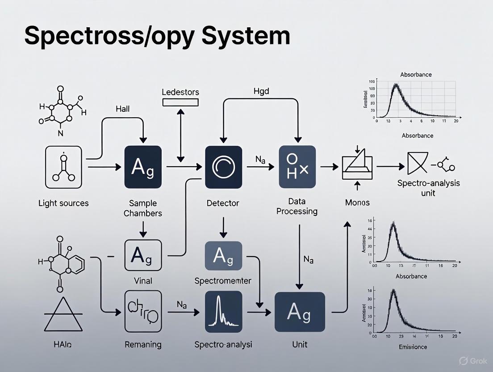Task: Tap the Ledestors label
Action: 180,92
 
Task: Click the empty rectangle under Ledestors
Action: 180,102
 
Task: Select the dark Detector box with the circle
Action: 223,167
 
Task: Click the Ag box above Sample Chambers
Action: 143,167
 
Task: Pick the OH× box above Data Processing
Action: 297,167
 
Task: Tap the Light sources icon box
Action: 63,167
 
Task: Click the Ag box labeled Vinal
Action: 143,255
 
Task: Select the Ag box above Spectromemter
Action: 223,256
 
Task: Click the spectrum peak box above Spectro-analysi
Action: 223,311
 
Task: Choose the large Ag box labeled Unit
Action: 299,312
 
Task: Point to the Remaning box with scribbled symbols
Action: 143,311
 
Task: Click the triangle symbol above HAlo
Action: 63,315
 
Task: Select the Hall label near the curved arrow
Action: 122,109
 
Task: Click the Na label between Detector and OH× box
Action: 261,159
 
